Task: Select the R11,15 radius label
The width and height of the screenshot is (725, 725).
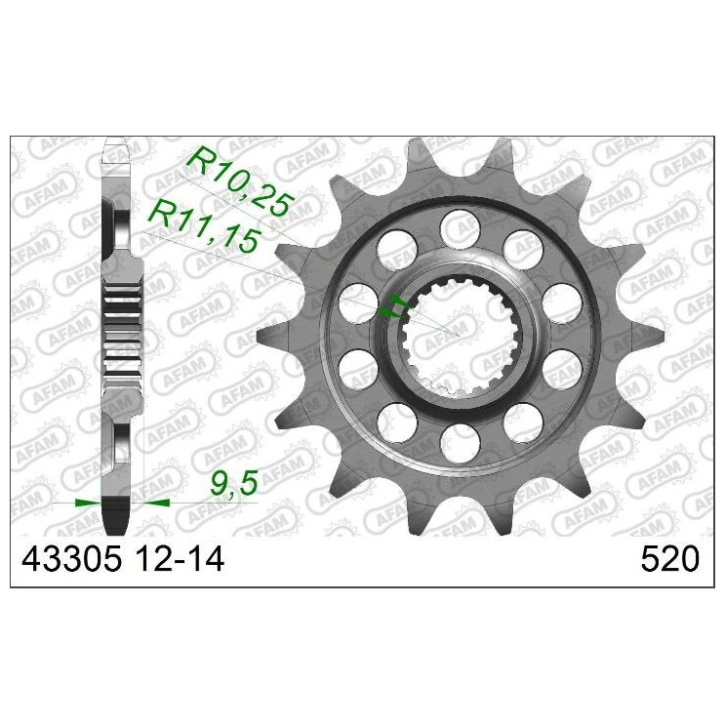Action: click(x=195, y=223)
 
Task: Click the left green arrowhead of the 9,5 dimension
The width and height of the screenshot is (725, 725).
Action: click(x=88, y=503)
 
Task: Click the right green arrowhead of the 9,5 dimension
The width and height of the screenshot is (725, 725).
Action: click(x=157, y=503)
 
